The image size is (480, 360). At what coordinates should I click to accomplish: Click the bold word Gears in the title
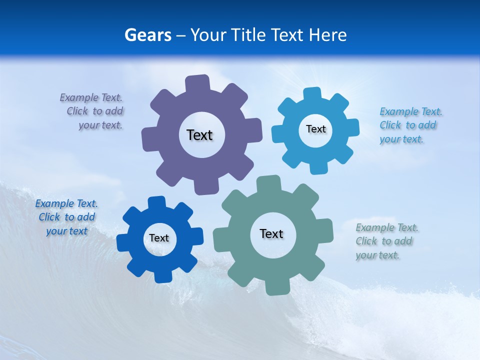tap(147, 35)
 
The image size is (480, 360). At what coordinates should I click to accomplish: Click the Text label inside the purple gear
tap(199, 135)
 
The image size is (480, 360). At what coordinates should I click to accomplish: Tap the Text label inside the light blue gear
tap(315, 129)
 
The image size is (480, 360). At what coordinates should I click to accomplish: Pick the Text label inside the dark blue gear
tap(159, 238)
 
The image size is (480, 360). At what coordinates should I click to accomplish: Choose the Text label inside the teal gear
tap(271, 233)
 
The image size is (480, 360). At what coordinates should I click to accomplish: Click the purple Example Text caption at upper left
tap(92, 111)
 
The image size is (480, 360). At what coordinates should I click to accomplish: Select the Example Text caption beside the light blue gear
tap(410, 125)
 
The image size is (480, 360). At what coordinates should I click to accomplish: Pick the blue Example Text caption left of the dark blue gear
tap(66, 217)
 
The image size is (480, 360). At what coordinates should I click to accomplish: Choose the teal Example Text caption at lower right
tap(386, 241)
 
